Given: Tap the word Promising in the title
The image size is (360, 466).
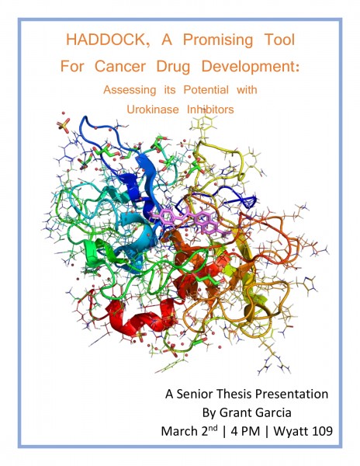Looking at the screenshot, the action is click(x=218, y=40).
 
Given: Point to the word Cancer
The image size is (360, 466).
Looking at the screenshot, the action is click(x=120, y=66).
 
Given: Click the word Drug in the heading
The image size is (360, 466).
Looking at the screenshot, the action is click(x=173, y=67).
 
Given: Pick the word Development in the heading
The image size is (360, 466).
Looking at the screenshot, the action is click(x=250, y=67).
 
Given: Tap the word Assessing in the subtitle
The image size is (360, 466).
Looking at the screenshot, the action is click(x=130, y=90).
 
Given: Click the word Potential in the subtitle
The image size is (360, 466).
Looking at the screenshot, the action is click(x=206, y=89).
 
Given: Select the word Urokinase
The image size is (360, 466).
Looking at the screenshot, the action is click(x=153, y=110).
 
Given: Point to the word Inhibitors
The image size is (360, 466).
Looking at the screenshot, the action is click(x=210, y=110).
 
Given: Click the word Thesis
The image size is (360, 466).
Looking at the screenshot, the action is click(x=234, y=394).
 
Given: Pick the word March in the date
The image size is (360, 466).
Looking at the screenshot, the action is click(x=179, y=431).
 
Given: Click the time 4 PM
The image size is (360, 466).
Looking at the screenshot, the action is click(x=245, y=431).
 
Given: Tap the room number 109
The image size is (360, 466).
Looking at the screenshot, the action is click(x=322, y=431).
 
